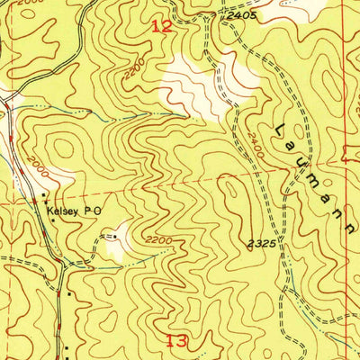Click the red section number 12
tap(161, 27)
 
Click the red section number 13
tap(176, 339)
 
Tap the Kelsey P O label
tap(76, 205)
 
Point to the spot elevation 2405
tap(242, 16)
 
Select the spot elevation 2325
tap(261, 243)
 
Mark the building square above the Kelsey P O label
tap(41, 193)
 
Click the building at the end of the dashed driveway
tap(109, 235)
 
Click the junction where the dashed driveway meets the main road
tap(65, 261)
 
